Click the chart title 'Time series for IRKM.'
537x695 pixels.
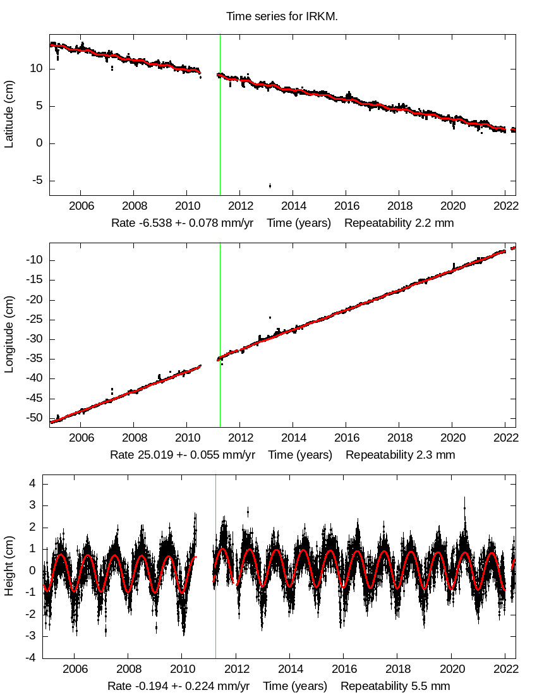(282, 16)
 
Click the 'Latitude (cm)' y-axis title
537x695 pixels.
(9, 115)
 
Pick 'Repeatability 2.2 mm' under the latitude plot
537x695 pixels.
(399, 223)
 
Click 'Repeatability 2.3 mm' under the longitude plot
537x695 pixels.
(400, 455)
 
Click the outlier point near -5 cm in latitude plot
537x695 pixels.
(270, 185)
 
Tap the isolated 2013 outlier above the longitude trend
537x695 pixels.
(270, 317)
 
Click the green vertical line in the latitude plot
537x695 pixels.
(220, 114)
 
